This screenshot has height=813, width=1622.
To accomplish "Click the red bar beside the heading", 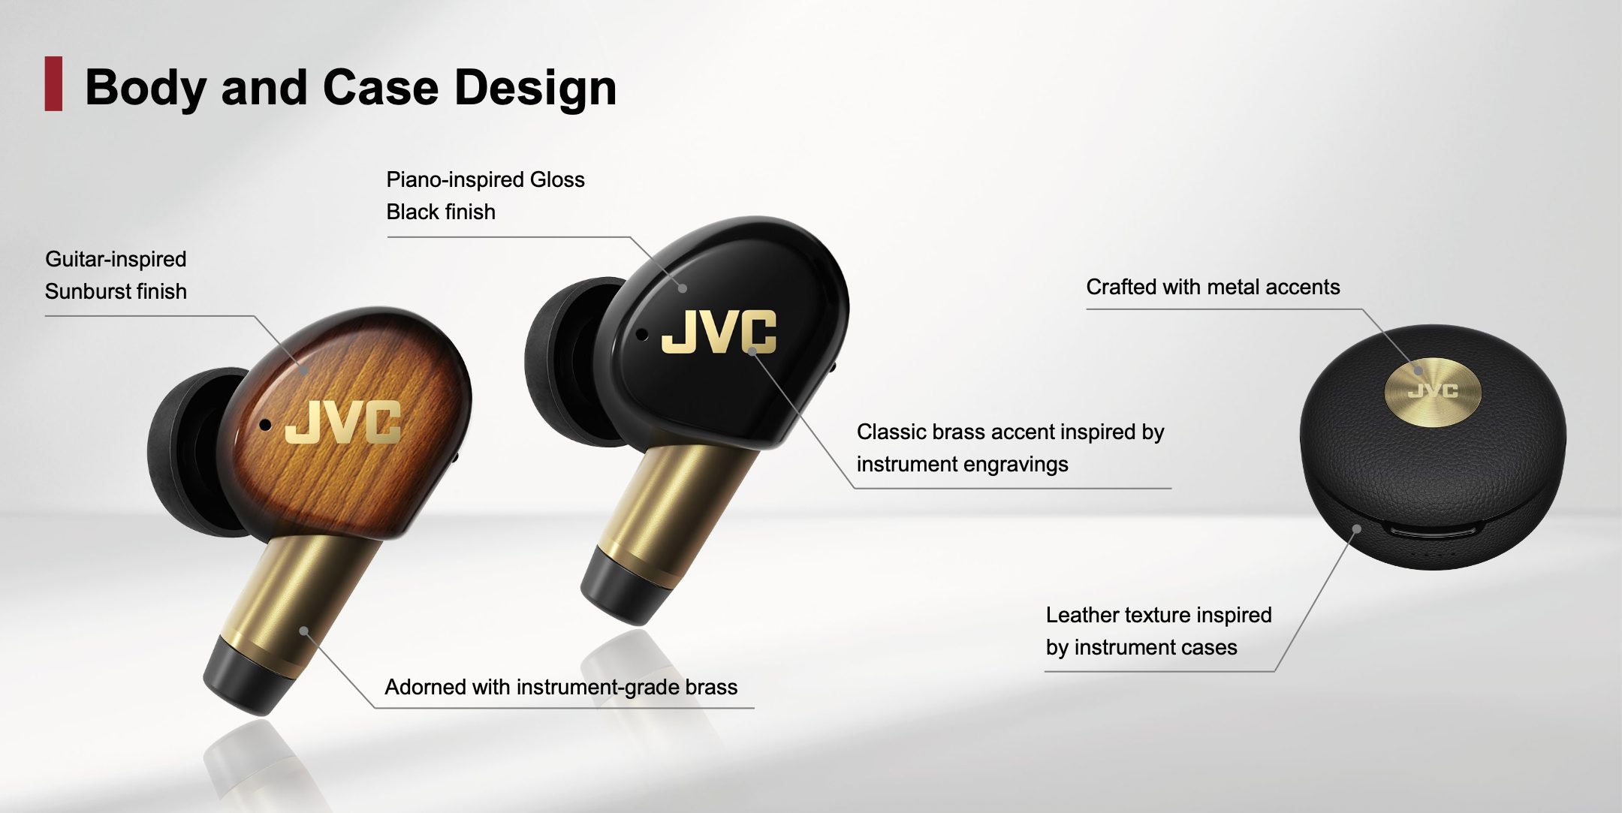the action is [x=53, y=84].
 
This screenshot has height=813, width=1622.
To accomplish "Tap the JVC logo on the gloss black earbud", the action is [x=719, y=331].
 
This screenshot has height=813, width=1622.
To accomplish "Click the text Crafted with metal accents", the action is [x=1213, y=287].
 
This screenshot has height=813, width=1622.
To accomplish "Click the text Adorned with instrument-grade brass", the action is [x=561, y=687].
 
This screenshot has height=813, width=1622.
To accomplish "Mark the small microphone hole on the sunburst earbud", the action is [x=265, y=425].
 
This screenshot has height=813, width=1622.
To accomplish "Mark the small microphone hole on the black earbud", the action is [x=641, y=335].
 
